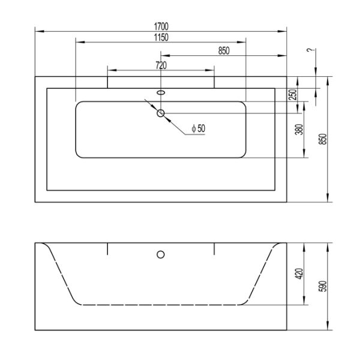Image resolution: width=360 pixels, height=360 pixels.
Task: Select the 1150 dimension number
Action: [x=160, y=37]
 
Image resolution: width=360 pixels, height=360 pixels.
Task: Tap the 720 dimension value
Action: [x=161, y=65]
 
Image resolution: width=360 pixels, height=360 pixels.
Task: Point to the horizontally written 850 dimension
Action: [x=223, y=52]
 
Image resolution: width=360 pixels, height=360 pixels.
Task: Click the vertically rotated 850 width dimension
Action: [x=323, y=139]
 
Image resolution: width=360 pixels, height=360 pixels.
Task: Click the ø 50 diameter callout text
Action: [x=197, y=128]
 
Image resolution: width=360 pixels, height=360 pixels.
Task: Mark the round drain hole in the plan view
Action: [x=161, y=113]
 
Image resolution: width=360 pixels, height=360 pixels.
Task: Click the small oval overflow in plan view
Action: [x=161, y=93]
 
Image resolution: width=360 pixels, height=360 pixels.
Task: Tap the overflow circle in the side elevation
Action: [x=161, y=254]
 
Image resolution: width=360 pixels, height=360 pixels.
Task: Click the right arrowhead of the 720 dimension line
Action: [x=211, y=70]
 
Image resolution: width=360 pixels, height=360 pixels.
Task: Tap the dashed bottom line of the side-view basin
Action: [x=161, y=305]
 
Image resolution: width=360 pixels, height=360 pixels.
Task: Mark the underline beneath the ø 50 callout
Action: [x=195, y=134]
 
